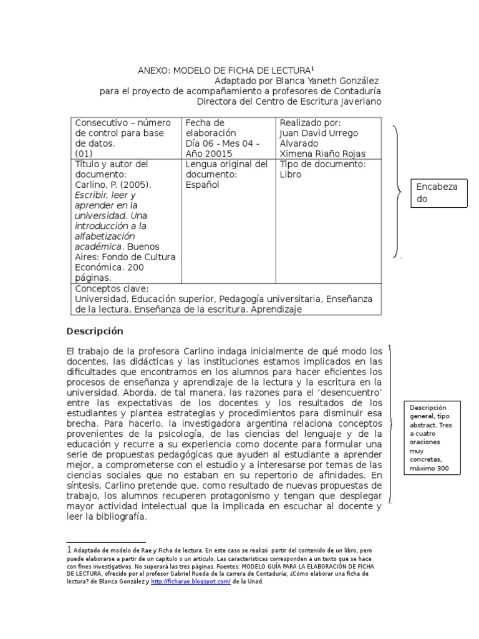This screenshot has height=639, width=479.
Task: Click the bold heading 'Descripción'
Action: tap(95, 331)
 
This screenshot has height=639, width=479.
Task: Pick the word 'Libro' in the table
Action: tap(290, 175)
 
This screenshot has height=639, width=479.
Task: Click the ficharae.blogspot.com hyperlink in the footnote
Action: tap(190, 581)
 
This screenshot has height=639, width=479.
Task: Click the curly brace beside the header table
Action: tap(396, 190)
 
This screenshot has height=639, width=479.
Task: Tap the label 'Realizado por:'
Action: tap(310, 123)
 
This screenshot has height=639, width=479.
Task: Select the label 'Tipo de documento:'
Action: tap(322, 164)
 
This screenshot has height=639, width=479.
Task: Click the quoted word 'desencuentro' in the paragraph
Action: tap(351, 391)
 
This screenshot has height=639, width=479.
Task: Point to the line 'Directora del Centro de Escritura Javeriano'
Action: tap(288, 101)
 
